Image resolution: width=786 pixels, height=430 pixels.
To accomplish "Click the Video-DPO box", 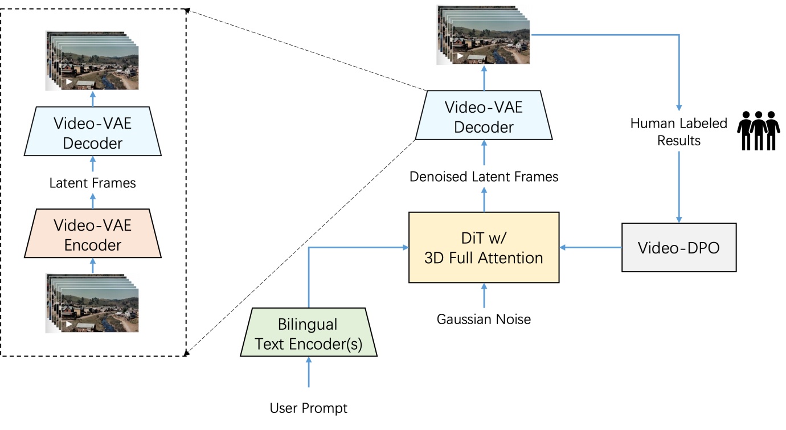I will (678, 248).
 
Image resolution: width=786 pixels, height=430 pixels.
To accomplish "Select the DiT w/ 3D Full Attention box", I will (484, 248).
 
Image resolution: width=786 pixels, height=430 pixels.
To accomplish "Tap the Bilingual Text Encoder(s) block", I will (308, 334).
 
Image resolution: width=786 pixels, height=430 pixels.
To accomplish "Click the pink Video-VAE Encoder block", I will (92, 234).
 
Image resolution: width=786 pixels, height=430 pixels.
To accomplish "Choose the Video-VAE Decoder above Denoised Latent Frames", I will (484, 117).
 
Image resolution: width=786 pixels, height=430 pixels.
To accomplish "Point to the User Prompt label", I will (308, 408).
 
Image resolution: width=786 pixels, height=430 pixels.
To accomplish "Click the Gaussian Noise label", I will (484, 319).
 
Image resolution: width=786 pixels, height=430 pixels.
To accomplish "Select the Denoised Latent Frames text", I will (484, 177).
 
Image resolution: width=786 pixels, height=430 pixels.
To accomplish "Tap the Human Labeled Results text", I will (678, 132).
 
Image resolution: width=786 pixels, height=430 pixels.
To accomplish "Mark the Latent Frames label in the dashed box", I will (92, 183).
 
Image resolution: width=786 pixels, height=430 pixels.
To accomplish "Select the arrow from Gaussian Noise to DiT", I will (484, 297).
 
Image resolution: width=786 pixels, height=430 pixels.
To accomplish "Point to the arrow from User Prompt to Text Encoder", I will (308, 373).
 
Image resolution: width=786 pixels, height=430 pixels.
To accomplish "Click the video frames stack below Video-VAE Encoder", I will (92, 302).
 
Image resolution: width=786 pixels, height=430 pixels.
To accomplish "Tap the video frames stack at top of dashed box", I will (92, 60).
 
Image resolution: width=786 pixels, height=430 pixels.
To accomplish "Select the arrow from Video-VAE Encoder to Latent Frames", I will (92, 201).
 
